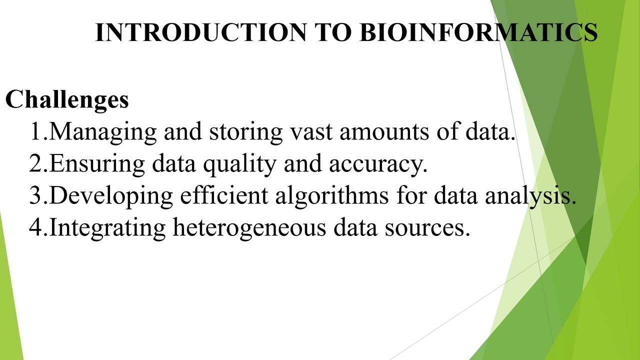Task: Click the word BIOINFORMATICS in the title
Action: [x=478, y=32]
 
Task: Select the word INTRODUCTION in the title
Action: [x=200, y=32]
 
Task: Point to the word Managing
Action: [x=103, y=132]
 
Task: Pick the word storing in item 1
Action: [x=245, y=132]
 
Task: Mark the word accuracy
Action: [x=377, y=164]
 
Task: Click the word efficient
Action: [x=224, y=195]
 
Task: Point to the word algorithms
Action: [x=331, y=195]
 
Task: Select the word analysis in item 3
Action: [x=530, y=195]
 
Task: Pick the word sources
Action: [x=427, y=227]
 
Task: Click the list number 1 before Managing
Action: [x=36, y=132]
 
